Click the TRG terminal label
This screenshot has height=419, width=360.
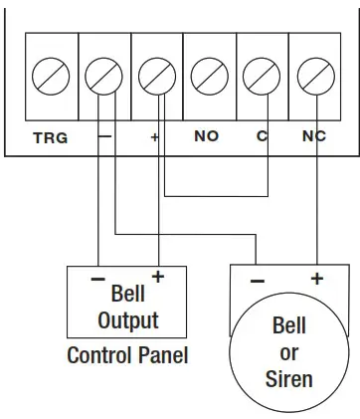[50, 137]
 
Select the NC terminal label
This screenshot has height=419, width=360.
[313, 136]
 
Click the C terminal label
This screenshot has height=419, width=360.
[263, 136]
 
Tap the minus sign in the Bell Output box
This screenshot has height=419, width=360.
[97, 279]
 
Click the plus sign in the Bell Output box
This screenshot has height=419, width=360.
[155, 276]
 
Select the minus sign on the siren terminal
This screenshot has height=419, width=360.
[257, 281]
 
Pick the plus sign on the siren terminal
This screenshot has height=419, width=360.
[316, 280]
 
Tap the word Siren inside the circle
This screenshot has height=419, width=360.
[290, 378]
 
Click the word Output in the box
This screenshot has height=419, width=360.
[127, 320]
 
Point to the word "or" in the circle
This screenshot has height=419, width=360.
[290, 352]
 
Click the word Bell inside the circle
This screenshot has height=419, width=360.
[290, 327]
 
